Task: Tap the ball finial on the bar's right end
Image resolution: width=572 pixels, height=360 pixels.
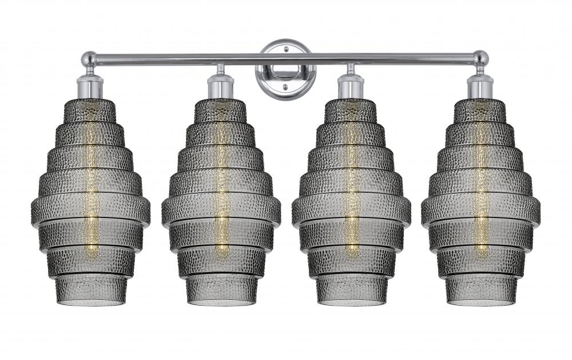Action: click(x=480, y=58)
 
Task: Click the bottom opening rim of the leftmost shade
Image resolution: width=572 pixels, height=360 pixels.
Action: click(x=90, y=302)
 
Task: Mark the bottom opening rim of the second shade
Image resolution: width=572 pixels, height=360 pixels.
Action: click(x=221, y=302)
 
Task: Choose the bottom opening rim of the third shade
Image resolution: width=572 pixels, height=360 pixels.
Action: click(x=351, y=302)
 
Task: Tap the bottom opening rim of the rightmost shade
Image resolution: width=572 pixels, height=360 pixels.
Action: click(x=481, y=302)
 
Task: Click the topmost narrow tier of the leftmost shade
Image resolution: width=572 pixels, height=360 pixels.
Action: click(x=90, y=110)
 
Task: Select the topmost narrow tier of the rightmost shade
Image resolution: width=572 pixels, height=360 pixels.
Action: click(x=480, y=110)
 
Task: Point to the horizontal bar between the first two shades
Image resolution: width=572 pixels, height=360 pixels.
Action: click(x=154, y=58)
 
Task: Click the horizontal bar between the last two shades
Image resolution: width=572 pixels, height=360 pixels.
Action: click(x=415, y=58)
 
